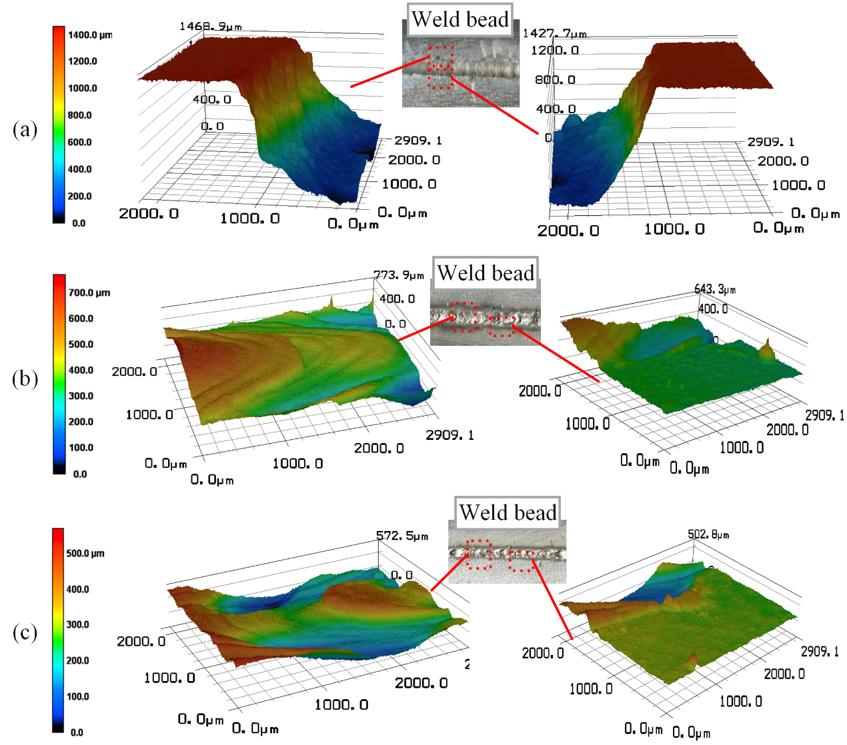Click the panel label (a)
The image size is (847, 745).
(25, 129)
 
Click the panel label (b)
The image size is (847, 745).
(25, 378)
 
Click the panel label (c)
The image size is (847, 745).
(25, 632)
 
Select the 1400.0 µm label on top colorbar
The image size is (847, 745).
(90, 35)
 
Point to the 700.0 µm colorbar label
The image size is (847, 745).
(89, 293)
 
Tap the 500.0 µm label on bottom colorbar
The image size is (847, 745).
(85, 553)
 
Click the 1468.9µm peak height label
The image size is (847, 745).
(210, 27)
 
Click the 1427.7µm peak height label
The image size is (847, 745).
(554, 33)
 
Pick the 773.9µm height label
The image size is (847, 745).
(398, 275)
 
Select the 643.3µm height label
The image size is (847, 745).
(715, 289)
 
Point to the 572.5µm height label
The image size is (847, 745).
(402, 536)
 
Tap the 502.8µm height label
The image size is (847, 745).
(708, 534)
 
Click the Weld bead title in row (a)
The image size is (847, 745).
(460, 19)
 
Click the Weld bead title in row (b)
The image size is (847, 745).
(486, 273)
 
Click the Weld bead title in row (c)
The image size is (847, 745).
(508, 512)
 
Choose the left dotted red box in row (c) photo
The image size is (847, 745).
(478, 554)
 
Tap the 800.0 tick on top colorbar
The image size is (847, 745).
(80, 115)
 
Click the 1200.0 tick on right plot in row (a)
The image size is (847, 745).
(554, 51)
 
